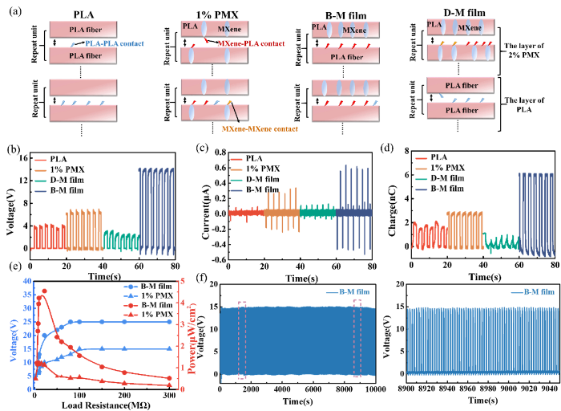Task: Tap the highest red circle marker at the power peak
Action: pos(44,291)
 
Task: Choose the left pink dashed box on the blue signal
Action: pos(242,340)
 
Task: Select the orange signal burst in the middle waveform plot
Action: pos(281,212)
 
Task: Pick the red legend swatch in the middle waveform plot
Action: pos(236,161)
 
